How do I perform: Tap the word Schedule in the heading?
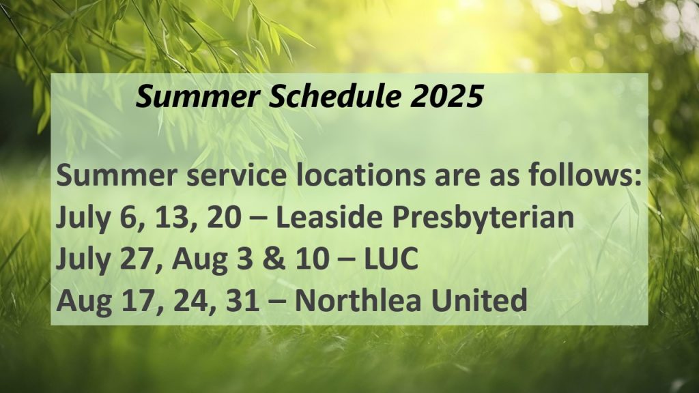334,96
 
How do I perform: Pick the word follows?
585,175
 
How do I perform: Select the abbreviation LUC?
391,259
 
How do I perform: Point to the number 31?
242,300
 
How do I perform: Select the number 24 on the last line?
190,301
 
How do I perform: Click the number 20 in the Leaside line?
225,218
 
